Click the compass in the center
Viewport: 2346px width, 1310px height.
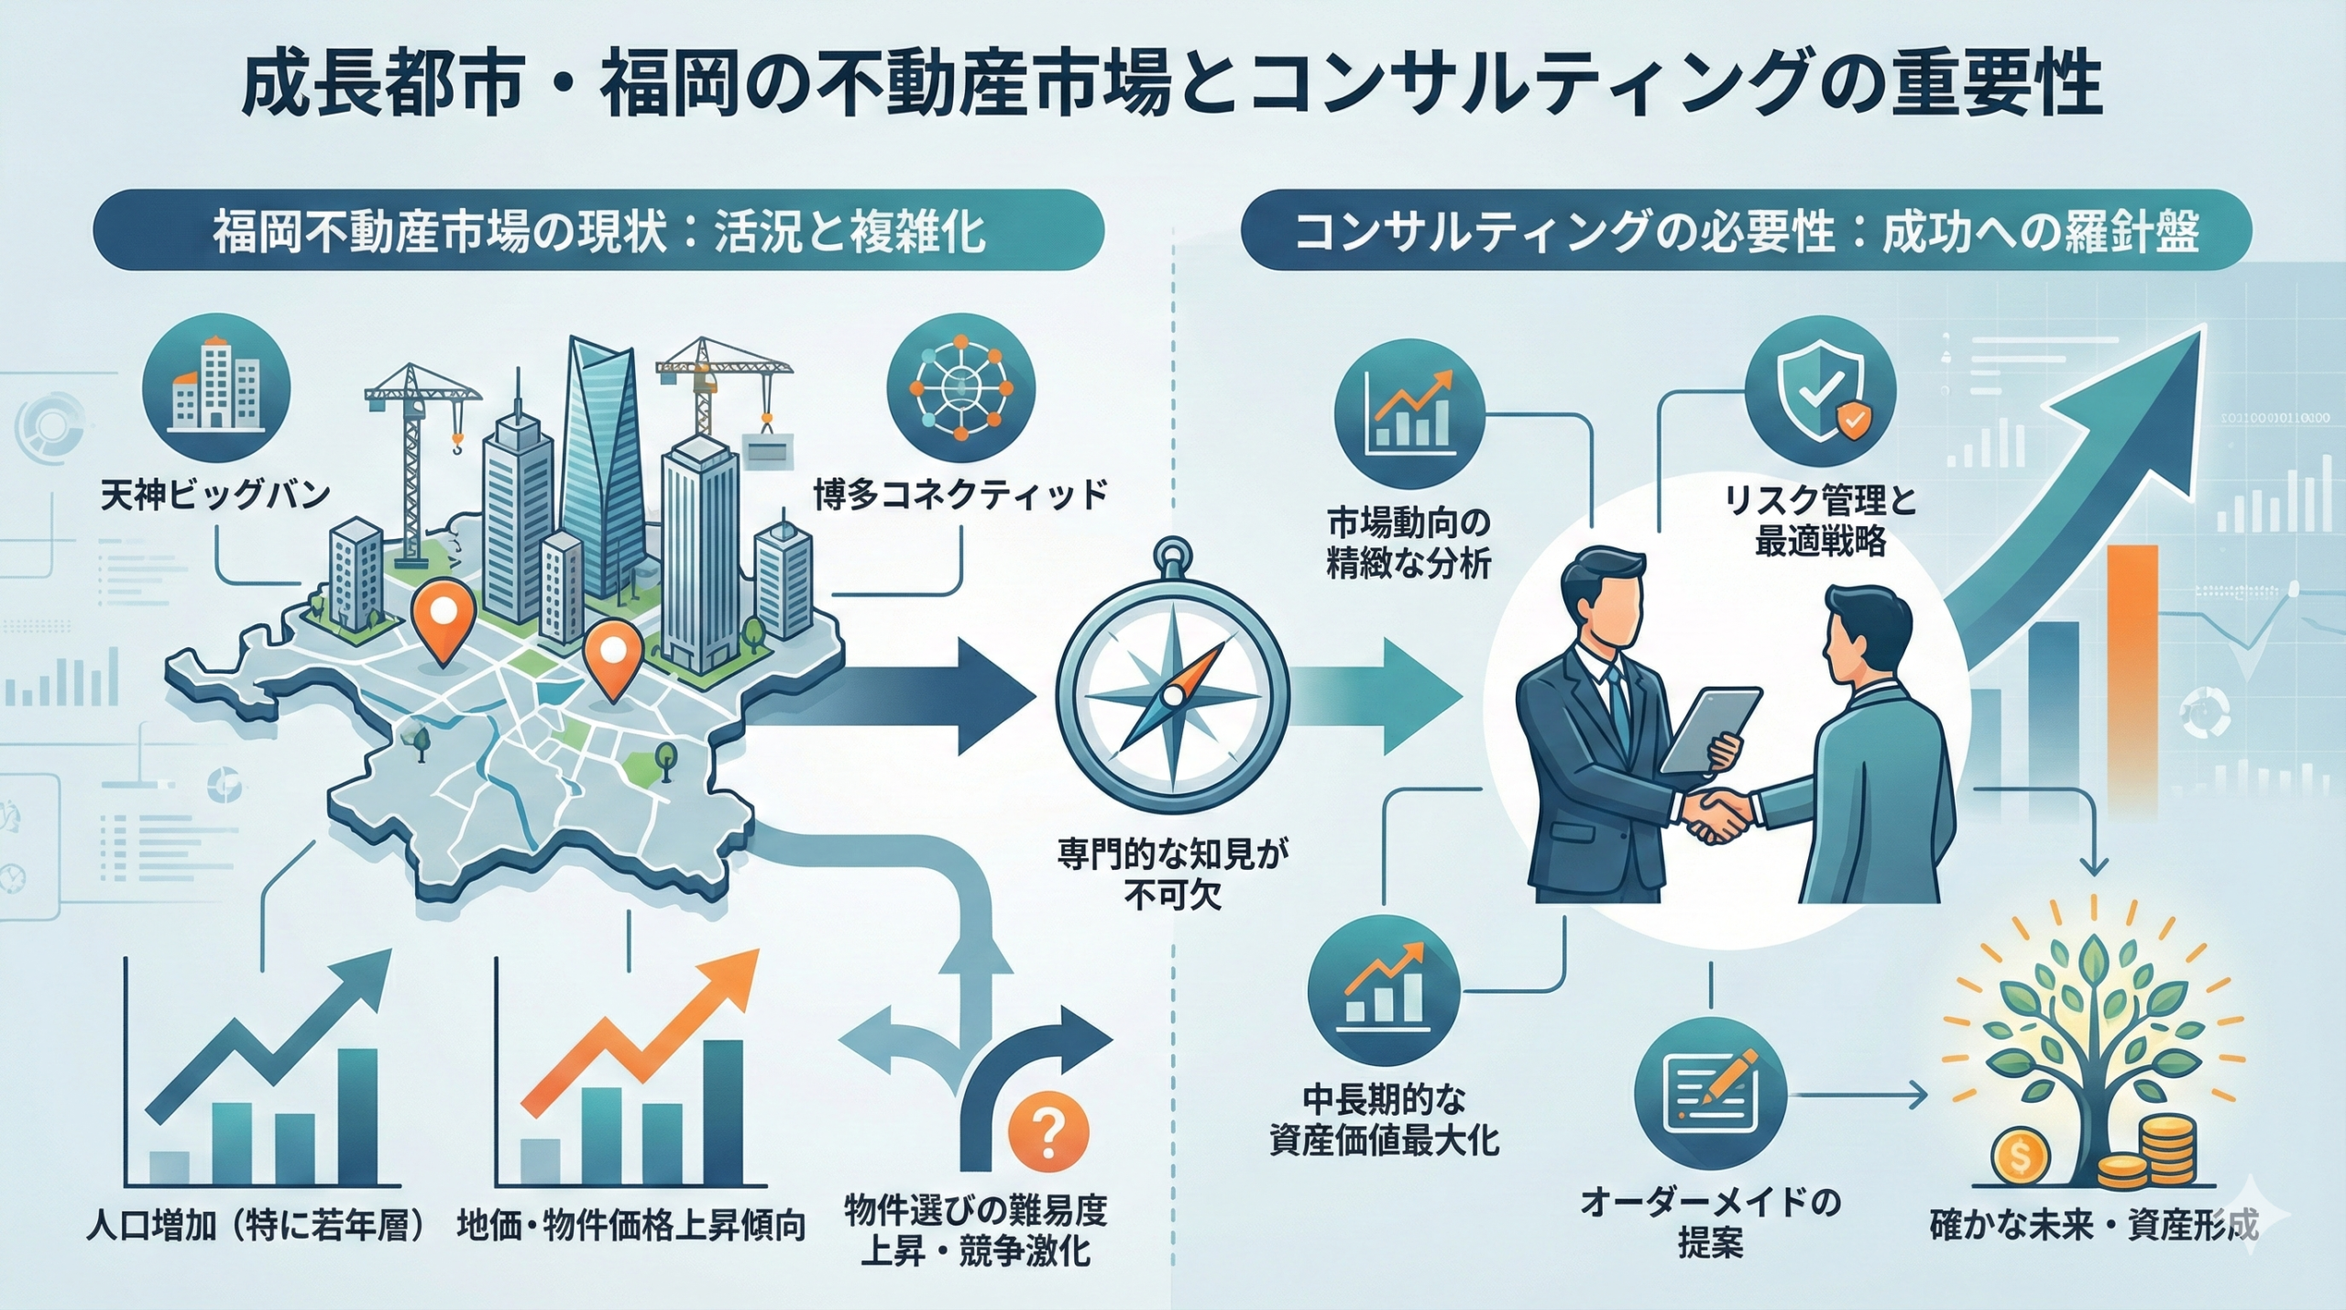pos(1172,696)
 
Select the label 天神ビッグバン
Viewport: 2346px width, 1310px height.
pos(215,496)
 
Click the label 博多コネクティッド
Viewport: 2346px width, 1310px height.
pos(960,495)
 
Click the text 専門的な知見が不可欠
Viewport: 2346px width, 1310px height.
pos(1172,875)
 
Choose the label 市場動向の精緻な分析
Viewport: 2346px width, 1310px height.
pos(1409,544)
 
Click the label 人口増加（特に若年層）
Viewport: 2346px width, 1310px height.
pos(259,1226)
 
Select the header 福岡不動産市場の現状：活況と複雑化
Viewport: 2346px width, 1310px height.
pos(599,230)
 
